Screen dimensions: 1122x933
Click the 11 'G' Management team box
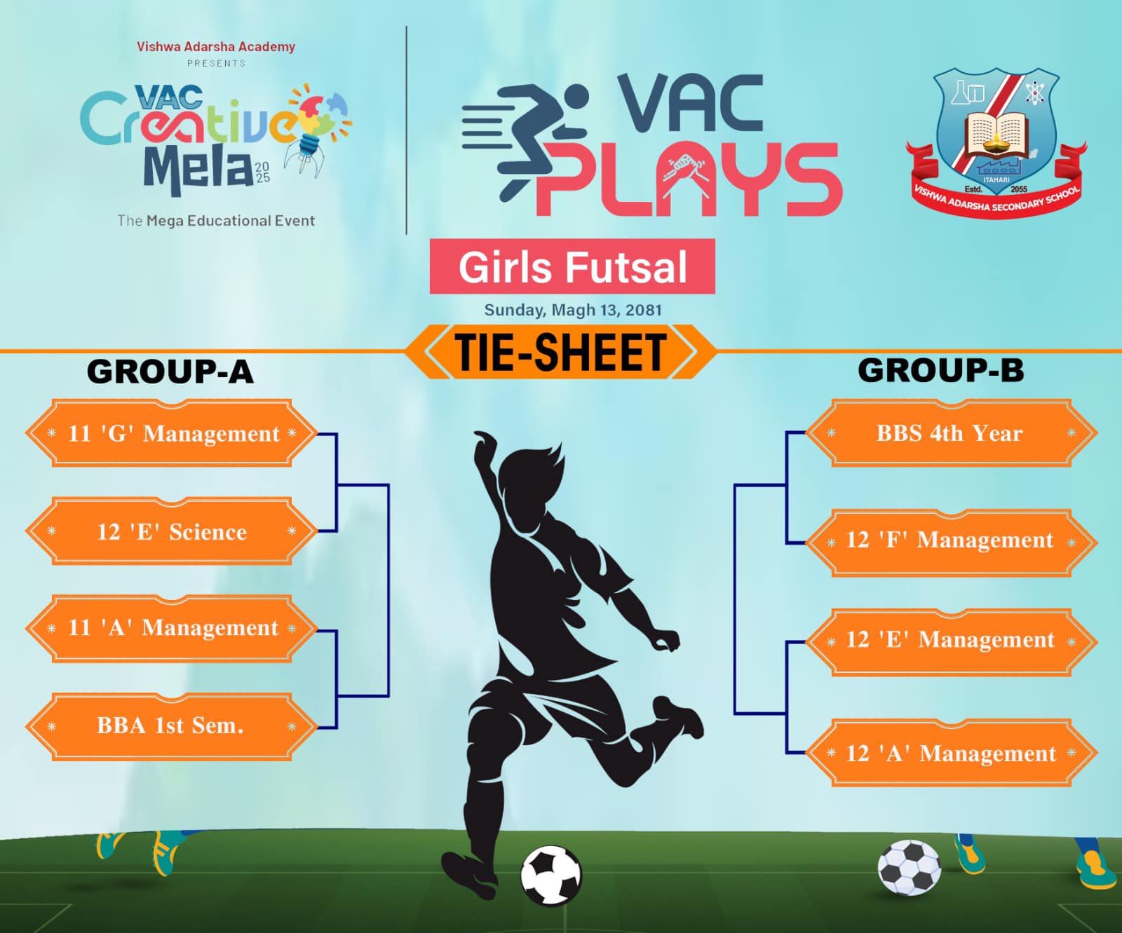tap(172, 433)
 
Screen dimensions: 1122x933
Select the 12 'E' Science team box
tap(172, 531)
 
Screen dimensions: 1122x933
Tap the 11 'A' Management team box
tap(172, 628)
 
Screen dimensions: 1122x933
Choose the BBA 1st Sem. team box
tap(172, 726)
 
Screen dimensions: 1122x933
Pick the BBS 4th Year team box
tap(951, 433)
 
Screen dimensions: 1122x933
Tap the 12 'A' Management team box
tap(951, 753)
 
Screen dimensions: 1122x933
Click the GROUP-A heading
tap(170, 372)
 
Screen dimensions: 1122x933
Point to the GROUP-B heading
tap(941, 370)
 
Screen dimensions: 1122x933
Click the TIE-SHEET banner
tap(561, 351)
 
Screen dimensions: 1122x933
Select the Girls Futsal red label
tap(572, 266)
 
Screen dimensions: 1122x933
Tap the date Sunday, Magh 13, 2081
tap(573, 310)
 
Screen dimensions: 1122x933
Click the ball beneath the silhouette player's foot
tap(551, 876)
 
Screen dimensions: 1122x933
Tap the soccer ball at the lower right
tap(910, 868)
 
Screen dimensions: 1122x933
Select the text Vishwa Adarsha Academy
tap(216, 47)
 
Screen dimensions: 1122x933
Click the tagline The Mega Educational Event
tap(216, 221)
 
